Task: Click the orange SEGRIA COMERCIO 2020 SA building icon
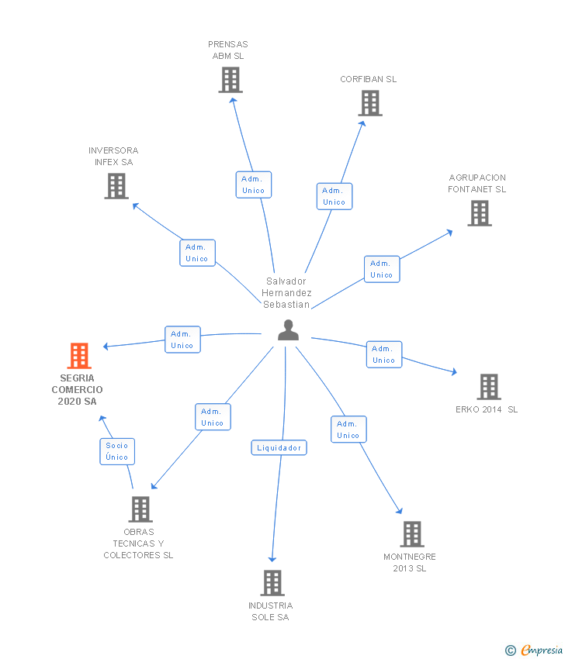pyautogui.click(x=79, y=356)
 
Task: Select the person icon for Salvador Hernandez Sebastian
pyautogui.click(x=288, y=330)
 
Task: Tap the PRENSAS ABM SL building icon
pyautogui.click(x=230, y=80)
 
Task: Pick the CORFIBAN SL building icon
pyautogui.click(x=370, y=103)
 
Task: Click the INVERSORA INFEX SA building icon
pyautogui.click(x=116, y=186)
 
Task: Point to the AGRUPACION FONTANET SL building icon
pyautogui.click(x=479, y=213)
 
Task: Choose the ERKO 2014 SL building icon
pyautogui.click(x=488, y=386)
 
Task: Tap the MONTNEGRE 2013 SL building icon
pyautogui.click(x=411, y=533)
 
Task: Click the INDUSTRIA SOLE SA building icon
pyautogui.click(x=272, y=582)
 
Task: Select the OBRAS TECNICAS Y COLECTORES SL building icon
pyautogui.click(x=140, y=509)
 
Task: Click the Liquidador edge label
pyautogui.click(x=279, y=448)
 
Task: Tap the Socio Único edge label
pyautogui.click(x=117, y=451)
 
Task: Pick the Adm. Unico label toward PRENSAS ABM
pyautogui.click(x=253, y=185)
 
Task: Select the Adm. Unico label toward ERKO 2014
pyautogui.click(x=383, y=354)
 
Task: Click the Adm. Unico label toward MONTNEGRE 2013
pyautogui.click(x=348, y=430)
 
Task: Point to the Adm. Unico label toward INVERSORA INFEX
pyautogui.click(x=196, y=253)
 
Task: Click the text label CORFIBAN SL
pyautogui.click(x=368, y=79)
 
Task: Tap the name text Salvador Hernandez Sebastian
pyautogui.click(x=286, y=293)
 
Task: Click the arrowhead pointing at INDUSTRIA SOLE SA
pyautogui.click(x=272, y=558)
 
